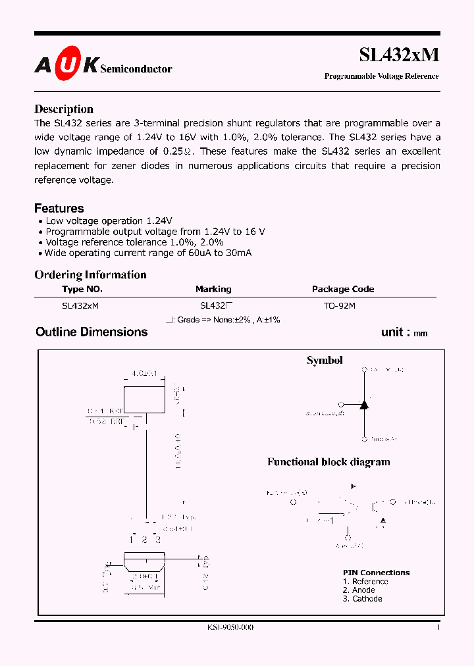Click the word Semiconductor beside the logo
click(136, 68)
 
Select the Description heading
click(64, 109)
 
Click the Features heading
click(59, 208)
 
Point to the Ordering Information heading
click(90, 274)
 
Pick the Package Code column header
click(342, 289)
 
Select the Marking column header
click(213, 289)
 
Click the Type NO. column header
click(82, 289)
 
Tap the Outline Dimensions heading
click(92, 332)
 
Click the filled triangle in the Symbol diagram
click(363, 404)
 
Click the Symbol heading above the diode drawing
click(325, 361)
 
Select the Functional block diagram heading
click(329, 462)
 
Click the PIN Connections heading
click(376, 573)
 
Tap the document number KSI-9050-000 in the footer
click(226, 628)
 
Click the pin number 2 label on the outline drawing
click(145, 540)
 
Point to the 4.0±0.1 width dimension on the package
click(144, 374)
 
